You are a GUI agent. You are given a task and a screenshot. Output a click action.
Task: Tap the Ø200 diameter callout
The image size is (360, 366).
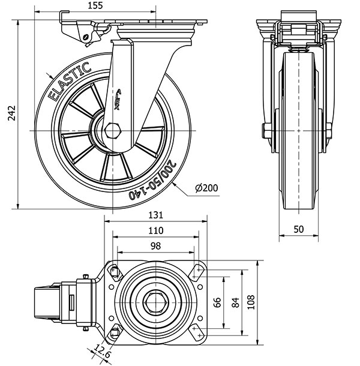point(206,188)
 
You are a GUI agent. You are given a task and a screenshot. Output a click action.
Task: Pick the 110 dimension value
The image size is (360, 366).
point(156,230)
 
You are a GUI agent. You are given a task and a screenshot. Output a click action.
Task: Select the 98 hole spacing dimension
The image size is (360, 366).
point(155,245)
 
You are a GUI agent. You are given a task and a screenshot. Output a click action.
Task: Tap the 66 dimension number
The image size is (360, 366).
point(218,303)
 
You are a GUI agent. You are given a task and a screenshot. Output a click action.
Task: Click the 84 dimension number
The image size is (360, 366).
point(235,303)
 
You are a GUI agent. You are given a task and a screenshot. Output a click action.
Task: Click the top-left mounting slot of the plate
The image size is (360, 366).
point(114,272)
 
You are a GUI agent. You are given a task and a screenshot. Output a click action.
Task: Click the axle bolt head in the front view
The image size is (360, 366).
point(265,130)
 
